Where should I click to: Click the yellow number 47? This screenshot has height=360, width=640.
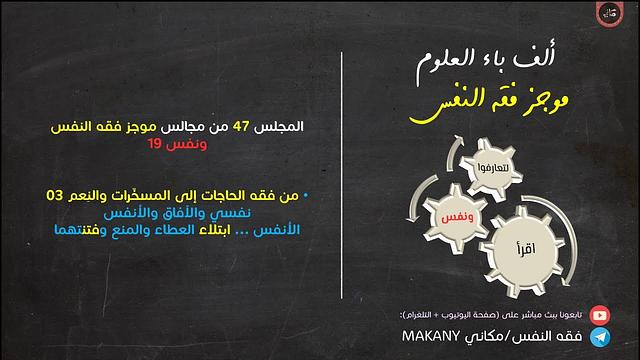pos(242,129)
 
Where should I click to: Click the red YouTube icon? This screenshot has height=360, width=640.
pos(599,312)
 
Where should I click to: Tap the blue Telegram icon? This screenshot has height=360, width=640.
pos(599,336)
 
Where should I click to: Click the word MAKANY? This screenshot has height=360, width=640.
pos(434,337)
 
